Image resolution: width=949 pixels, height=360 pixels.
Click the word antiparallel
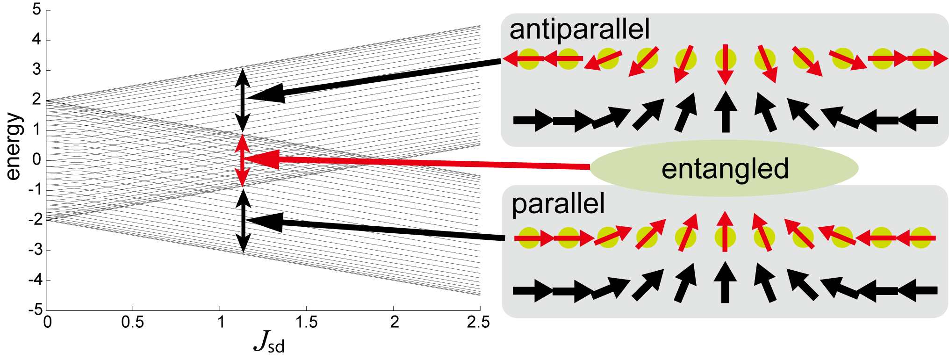(x=579, y=29)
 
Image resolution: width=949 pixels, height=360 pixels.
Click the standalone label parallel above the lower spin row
(x=558, y=204)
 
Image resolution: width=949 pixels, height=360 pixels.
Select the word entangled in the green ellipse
(x=725, y=169)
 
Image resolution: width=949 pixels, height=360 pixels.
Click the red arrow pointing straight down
(x=726, y=64)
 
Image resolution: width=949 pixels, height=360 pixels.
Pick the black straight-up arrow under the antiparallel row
(x=726, y=112)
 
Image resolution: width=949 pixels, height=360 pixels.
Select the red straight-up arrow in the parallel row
(x=725, y=231)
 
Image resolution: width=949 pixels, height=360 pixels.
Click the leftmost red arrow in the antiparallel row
(x=523, y=59)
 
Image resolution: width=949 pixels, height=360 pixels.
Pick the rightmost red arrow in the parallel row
(x=916, y=238)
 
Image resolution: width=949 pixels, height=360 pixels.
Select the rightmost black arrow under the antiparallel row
(x=918, y=120)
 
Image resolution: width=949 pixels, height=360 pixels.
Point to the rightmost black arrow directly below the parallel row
(x=918, y=291)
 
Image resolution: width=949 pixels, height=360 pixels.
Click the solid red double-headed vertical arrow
(x=242, y=160)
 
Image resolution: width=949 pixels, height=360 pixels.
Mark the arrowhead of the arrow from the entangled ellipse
(x=262, y=159)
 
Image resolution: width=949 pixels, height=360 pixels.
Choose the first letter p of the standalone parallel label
(x=518, y=206)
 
